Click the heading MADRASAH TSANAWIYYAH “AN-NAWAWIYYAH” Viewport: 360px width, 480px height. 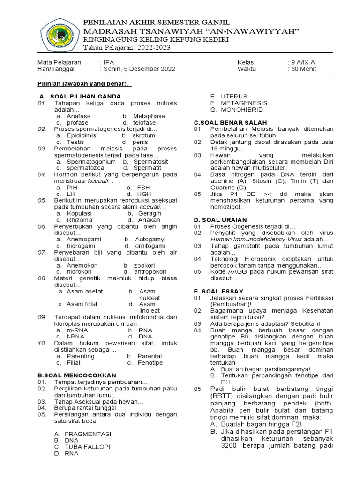tap(191, 31)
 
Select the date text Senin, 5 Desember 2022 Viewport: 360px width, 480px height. tap(139, 69)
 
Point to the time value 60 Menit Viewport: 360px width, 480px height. tap(303, 69)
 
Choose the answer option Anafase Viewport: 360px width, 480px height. tap(79, 116)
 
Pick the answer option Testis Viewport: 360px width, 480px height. tap(75, 142)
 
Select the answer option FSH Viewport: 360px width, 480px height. tap(143, 187)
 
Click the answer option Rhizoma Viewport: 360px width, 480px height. tap(80, 219)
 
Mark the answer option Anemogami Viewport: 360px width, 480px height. tap(84, 239)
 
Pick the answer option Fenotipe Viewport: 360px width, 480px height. tap(150, 362)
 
